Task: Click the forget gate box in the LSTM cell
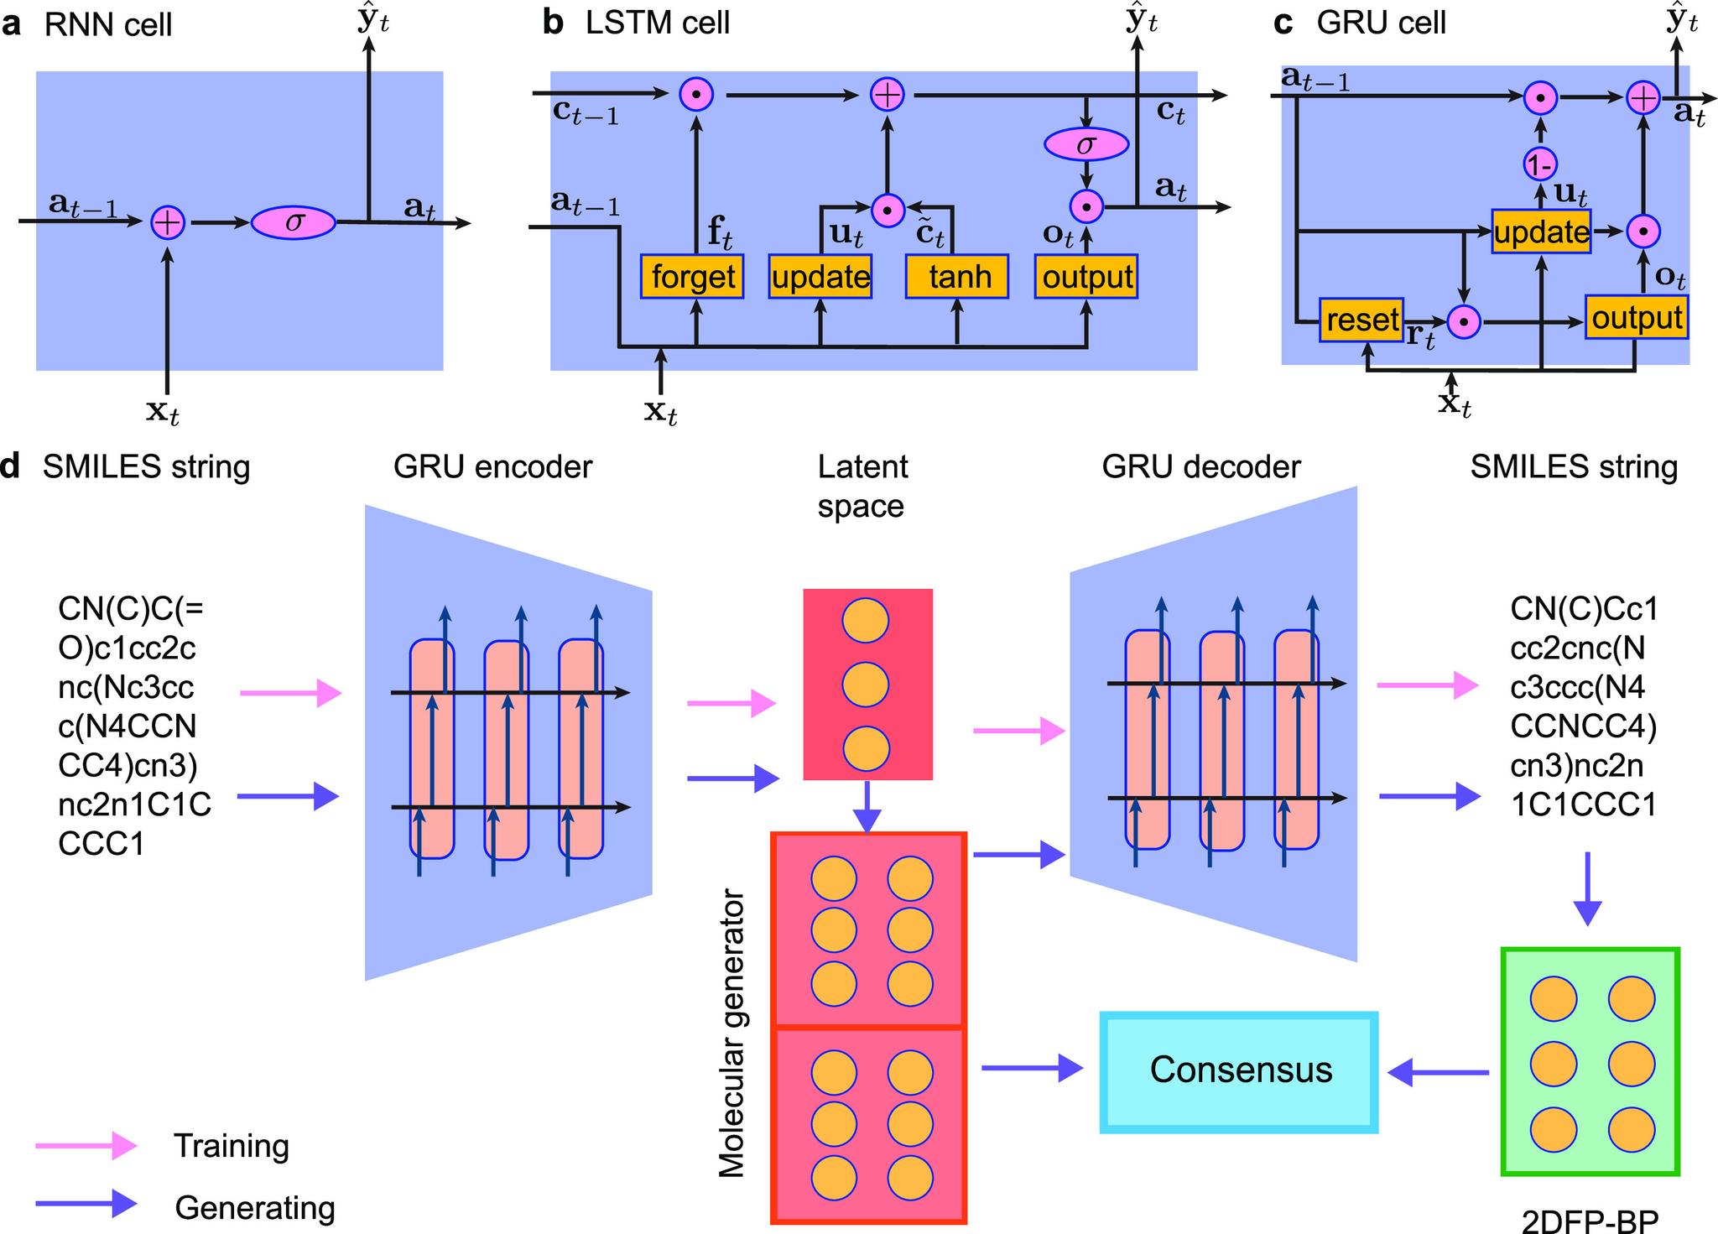pos(692,277)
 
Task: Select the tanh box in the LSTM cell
pos(957,277)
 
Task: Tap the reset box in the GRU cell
pos(1361,320)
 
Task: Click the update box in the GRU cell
pos(1541,232)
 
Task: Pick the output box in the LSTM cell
pos(1087,277)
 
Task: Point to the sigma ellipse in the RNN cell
pos(294,223)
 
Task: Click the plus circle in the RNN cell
pos(168,222)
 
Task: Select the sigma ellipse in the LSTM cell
pos(1086,145)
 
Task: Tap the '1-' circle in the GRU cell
pos(1540,166)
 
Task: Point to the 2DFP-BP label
pos(1590,1220)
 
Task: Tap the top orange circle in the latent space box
pos(866,622)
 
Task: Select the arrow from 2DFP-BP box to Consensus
pos(1439,1071)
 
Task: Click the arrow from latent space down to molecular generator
pos(868,807)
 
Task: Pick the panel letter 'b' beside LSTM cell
pos(554,23)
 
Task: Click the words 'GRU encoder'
pos(492,466)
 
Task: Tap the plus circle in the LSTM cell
pos(888,95)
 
